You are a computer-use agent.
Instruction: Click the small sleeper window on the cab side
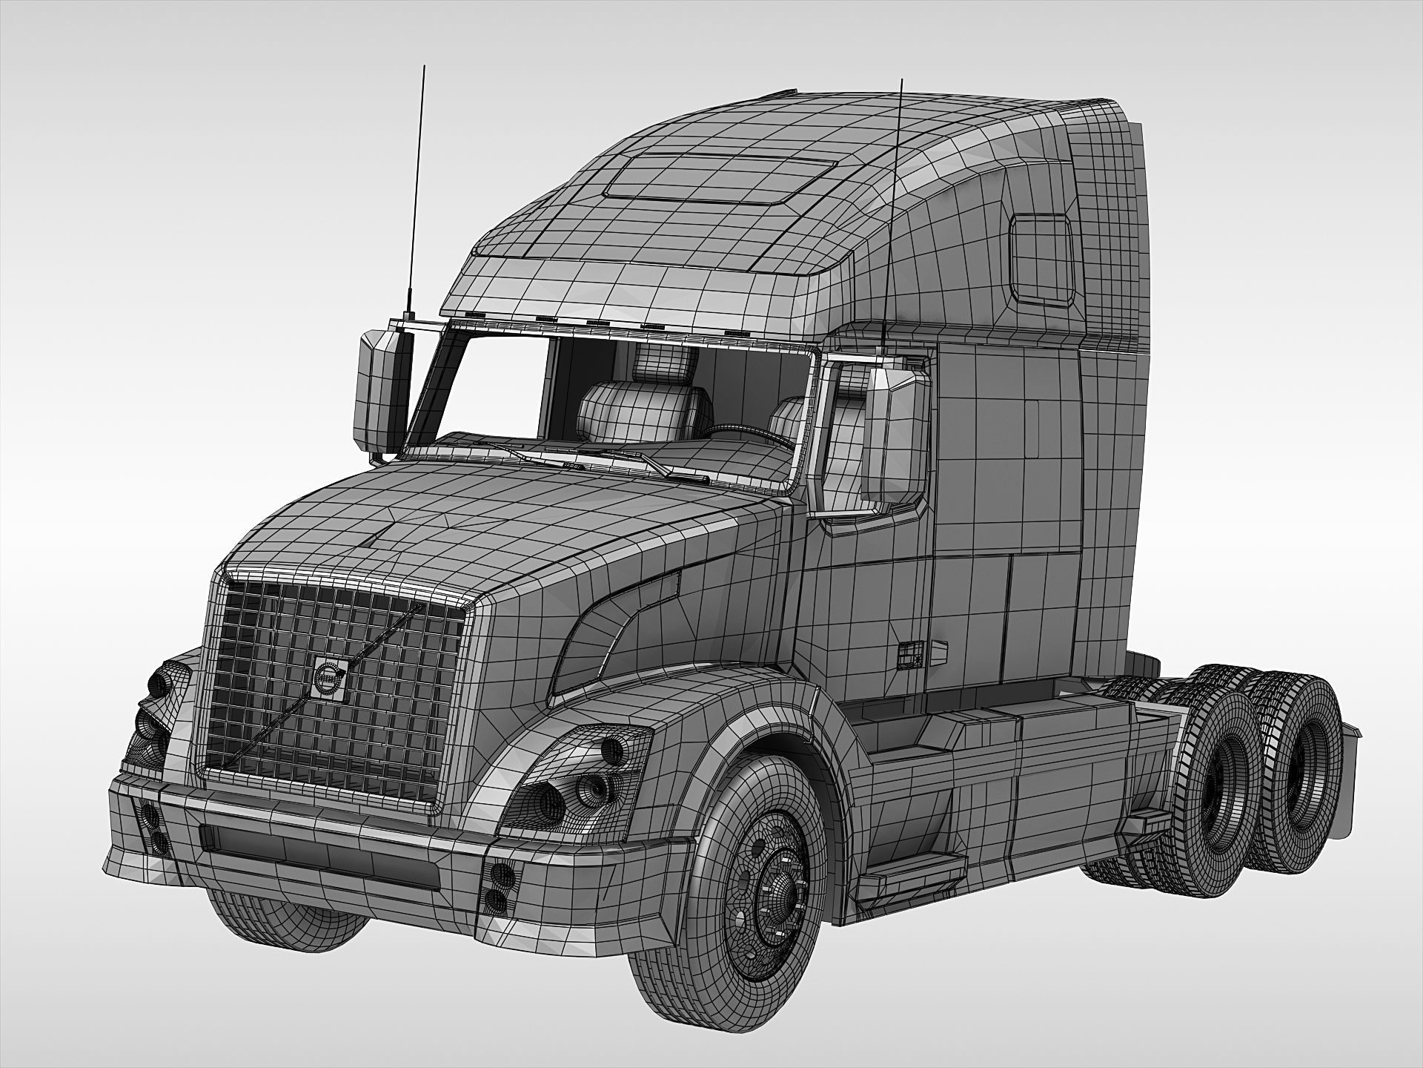[x=1041, y=259]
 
